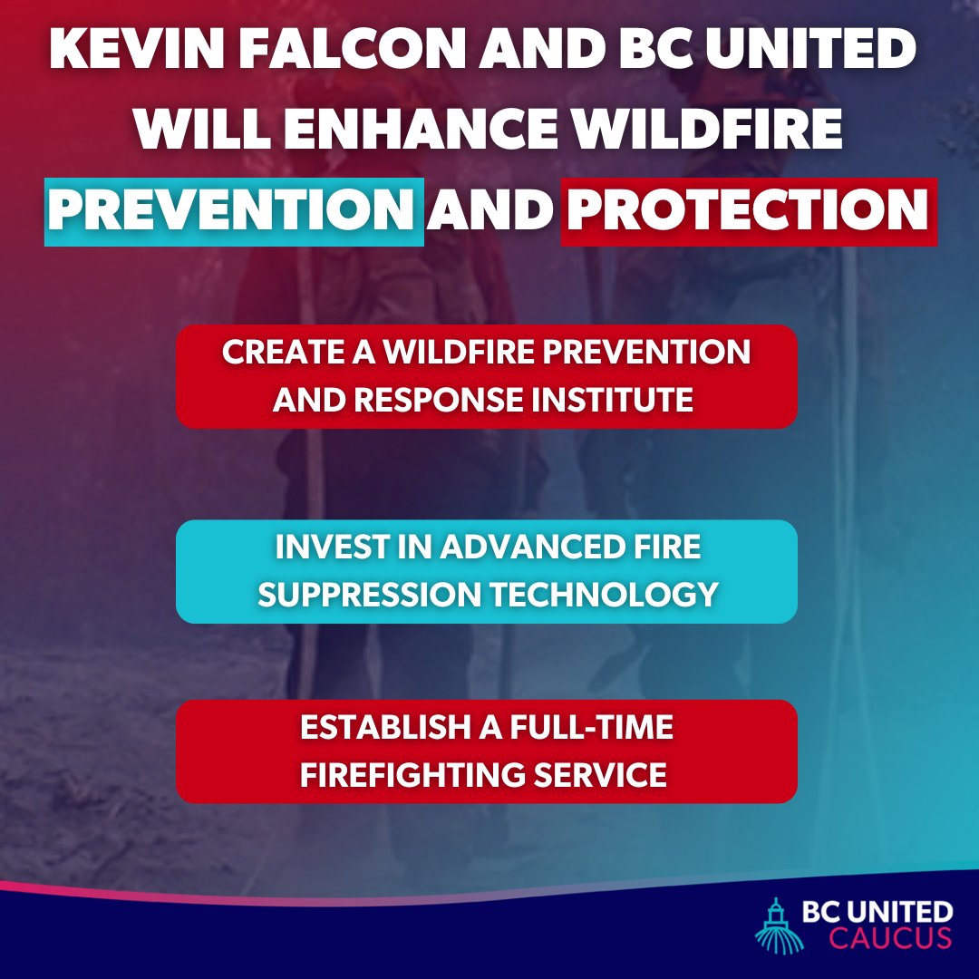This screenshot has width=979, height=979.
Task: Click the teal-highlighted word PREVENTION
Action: (x=234, y=210)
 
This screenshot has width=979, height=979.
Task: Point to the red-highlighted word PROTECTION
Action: (x=748, y=210)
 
